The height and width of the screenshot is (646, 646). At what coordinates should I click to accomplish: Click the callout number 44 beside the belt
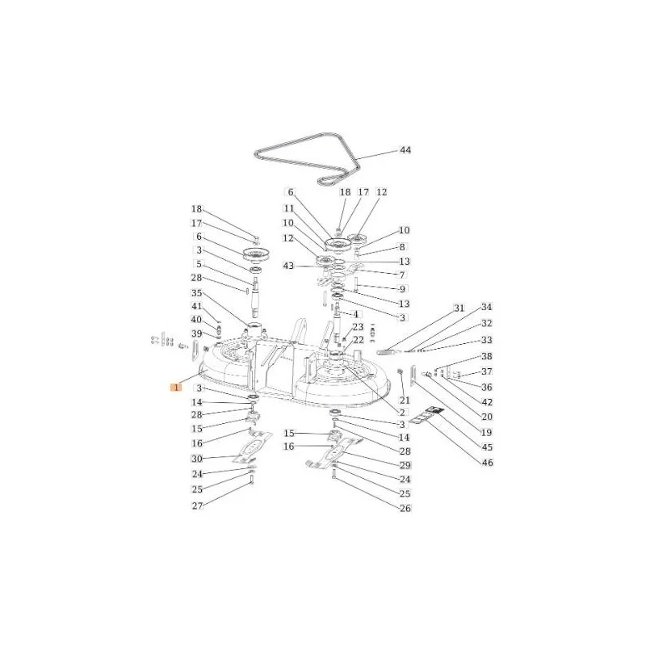click(405, 150)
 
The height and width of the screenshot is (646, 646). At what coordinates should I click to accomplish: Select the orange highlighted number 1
click(176, 388)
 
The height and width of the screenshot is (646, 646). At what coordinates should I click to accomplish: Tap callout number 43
click(288, 266)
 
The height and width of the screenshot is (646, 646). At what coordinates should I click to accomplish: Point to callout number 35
click(197, 293)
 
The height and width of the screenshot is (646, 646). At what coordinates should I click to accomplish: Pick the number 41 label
click(197, 306)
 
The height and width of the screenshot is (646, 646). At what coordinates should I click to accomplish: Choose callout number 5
click(199, 264)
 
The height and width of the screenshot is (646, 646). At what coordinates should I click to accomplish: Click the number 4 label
click(355, 314)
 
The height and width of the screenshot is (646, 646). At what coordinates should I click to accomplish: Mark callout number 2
click(402, 413)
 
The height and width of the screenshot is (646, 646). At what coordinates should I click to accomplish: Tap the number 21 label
click(405, 401)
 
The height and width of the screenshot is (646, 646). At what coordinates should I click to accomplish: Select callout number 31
click(459, 308)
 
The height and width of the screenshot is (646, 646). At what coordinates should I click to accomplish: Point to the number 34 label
click(487, 307)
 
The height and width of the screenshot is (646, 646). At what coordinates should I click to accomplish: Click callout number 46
click(488, 463)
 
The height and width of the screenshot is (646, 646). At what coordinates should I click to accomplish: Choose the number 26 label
click(405, 508)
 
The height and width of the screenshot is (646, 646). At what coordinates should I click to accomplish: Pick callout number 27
click(198, 505)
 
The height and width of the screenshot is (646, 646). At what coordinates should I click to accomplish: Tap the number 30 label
click(197, 458)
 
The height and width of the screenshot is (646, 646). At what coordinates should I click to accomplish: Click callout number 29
click(405, 465)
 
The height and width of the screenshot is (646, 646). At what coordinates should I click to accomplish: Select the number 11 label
click(289, 209)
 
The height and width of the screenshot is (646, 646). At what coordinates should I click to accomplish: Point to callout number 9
click(402, 289)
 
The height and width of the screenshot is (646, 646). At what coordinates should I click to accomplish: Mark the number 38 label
click(487, 356)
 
